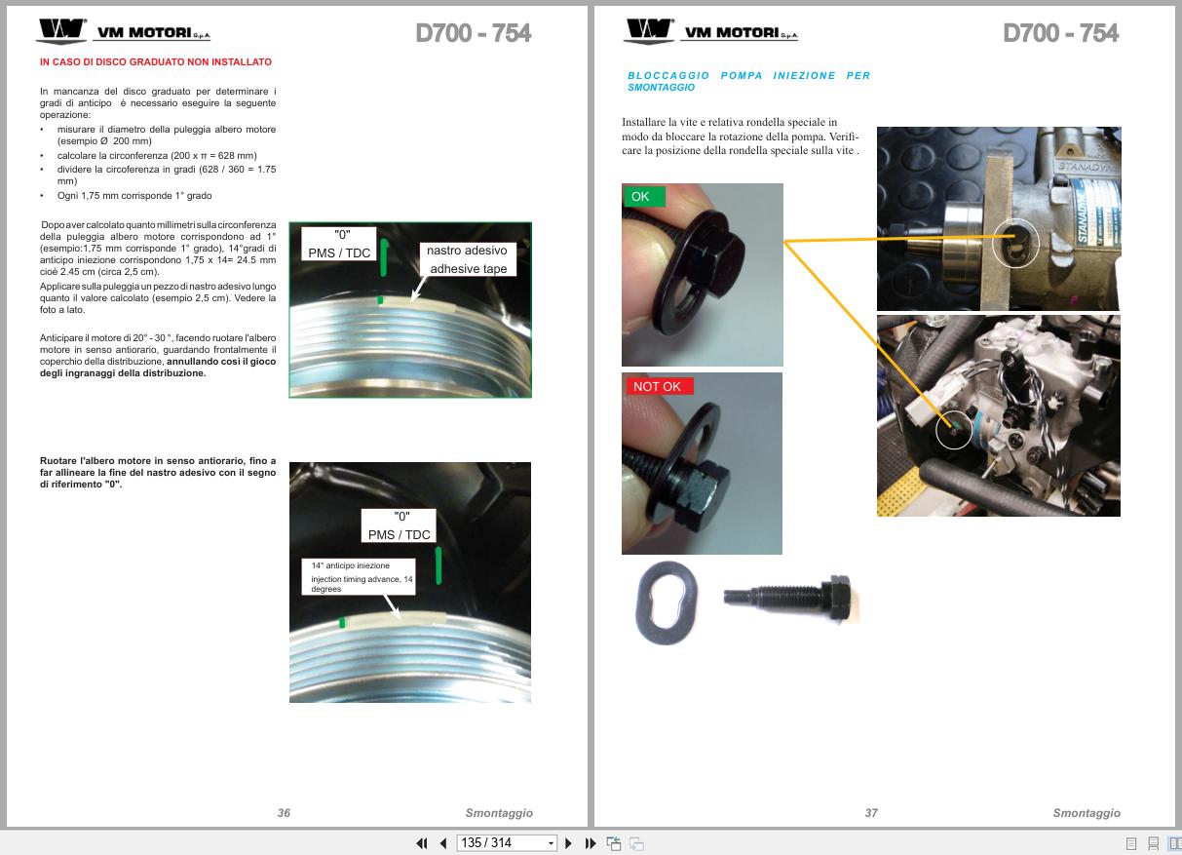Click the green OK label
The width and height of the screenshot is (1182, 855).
pos(644,196)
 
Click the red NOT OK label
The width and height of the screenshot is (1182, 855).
pos(659,386)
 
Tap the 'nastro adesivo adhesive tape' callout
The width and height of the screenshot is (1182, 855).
pos(468,259)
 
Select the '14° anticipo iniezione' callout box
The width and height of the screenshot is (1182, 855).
pos(359,577)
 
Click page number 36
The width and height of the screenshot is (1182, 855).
pos(284,813)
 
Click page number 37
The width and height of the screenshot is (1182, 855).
pos(871,813)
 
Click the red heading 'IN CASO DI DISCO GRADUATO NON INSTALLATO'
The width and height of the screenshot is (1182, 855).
pos(156,61)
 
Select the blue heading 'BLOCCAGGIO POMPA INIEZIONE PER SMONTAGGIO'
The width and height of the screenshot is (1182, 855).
pos(748,81)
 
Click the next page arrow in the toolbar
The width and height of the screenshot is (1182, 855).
pos(568,843)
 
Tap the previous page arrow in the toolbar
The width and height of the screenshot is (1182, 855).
pos(443,843)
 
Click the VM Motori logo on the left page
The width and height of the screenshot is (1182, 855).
pos(124,30)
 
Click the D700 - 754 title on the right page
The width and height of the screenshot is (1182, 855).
pos(1060,33)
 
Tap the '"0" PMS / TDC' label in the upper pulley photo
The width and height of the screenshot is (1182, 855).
pos(339,244)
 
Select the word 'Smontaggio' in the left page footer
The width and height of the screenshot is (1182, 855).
pos(499,813)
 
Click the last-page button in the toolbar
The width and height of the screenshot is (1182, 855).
pos(590,843)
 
